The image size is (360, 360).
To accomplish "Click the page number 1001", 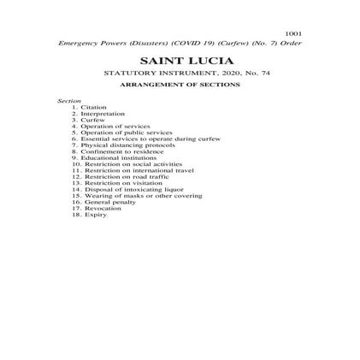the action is click(293, 33).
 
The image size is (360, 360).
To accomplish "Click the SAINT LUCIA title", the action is click(180, 62).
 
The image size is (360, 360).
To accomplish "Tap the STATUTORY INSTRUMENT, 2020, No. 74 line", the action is click(180, 74).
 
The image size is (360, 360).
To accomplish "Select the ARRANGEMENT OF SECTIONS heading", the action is click(180, 85).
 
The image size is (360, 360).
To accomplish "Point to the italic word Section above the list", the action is click(68, 101).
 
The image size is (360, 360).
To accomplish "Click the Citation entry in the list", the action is click(94, 107).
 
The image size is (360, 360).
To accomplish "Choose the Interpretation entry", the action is click(103, 113).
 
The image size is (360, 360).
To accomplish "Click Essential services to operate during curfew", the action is click(137, 139).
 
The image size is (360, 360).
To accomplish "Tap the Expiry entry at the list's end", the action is click(95, 214).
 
